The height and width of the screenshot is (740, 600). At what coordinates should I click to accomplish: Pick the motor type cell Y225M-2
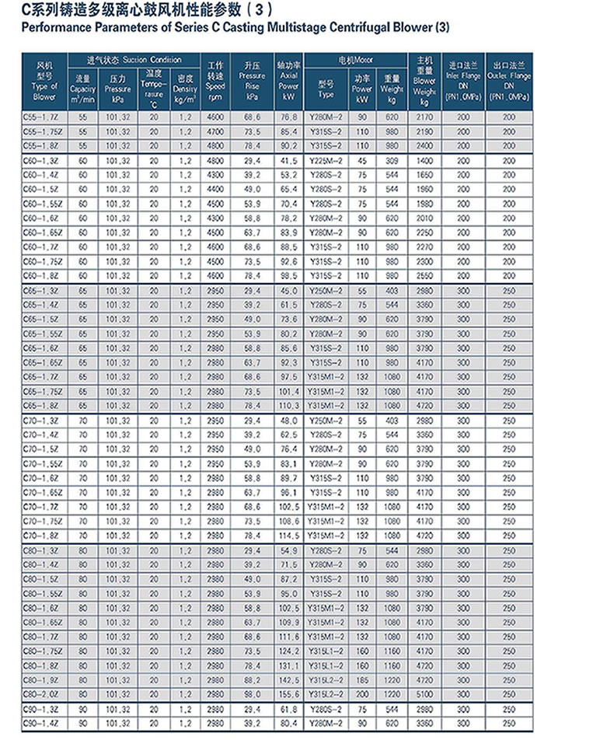click(326, 160)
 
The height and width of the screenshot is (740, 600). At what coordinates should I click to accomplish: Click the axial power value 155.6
click(289, 693)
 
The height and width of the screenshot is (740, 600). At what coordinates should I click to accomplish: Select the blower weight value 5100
click(424, 693)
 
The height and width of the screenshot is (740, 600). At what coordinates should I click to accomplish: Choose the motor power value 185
click(362, 679)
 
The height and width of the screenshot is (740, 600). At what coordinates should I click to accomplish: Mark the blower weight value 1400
click(424, 160)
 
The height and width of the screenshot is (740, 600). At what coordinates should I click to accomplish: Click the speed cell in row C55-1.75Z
click(215, 131)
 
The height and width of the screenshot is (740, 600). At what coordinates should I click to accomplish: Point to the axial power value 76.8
click(289, 117)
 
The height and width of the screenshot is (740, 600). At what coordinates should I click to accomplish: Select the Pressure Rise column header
click(252, 81)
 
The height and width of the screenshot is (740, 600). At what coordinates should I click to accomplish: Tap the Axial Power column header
click(289, 81)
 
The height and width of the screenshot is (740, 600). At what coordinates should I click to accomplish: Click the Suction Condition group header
click(134, 60)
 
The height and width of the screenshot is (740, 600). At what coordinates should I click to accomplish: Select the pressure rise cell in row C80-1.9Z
click(252, 679)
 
